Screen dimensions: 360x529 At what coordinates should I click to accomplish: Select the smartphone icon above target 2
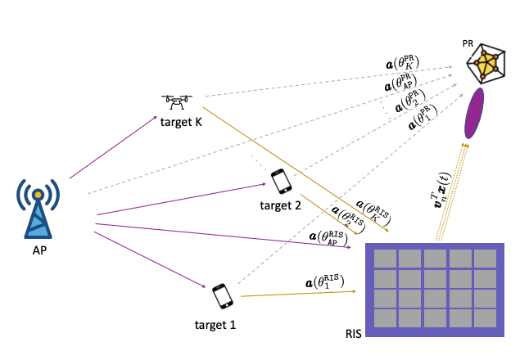[280, 182]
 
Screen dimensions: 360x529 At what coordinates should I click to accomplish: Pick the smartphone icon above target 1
[222, 295]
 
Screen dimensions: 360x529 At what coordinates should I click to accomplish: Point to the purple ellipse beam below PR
[474, 114]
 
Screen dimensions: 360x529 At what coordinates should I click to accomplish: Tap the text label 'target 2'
[279, 205]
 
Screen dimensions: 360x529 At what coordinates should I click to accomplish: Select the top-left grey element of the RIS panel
[384, 259]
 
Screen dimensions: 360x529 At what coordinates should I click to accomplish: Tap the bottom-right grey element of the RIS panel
[485, 316]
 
